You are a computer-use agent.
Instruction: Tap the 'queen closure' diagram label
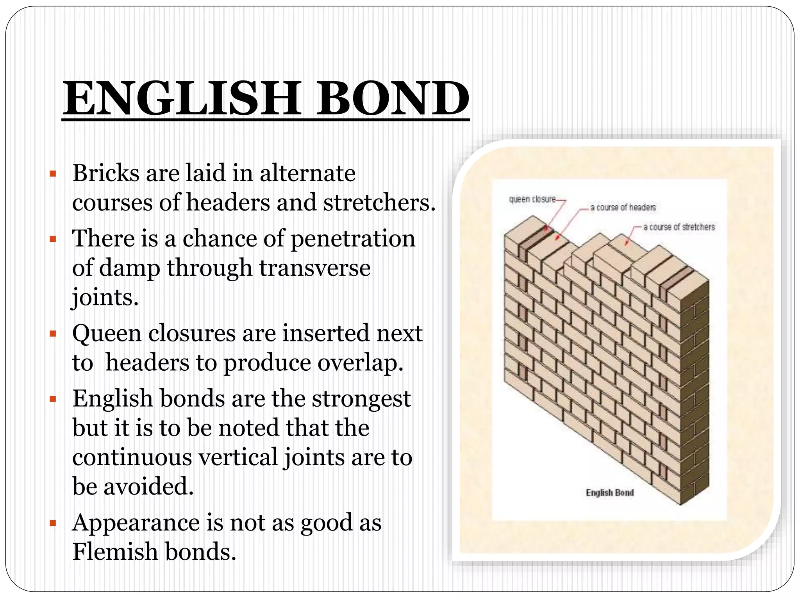[x=532, y=199]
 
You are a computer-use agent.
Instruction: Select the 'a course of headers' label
[x=623, y=207]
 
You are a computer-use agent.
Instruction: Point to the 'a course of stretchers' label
[x=679, y=227]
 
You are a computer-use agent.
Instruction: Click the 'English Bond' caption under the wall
[x=610, y=493]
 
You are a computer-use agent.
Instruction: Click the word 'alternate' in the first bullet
[x=308, y=173]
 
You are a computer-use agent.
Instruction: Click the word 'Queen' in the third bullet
[x=107, y=334]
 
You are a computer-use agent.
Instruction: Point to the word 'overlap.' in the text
[x=361, y=363]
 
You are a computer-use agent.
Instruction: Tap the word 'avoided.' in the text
[x=149, y=487]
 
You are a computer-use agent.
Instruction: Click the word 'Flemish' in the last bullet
[x=115, y=552]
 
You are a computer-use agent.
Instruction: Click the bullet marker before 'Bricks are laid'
[x=53, y=173]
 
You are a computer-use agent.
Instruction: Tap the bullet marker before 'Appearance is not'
[x=53, y=523]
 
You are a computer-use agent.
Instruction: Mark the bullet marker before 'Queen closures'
[x=53, y=334]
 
